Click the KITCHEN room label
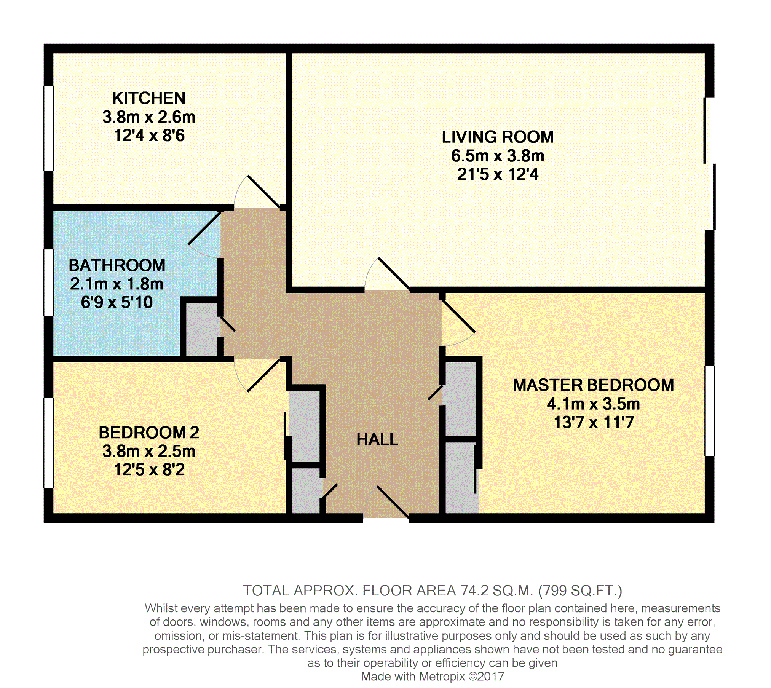pyautogui.click(x=149, y=98)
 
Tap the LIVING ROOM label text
pyautogui.click(x=498, y=137)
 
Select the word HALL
pyautogui.click(x=377, y=440)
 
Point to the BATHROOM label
pyautogui.click(x=117, y=265)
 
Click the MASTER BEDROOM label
pyautogui.click(x=593, y=385)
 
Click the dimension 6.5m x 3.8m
pyautogui.click(x=498, y=156)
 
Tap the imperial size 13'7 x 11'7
pyautogui.click(x=594, y=422)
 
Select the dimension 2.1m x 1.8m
pyautogui.click(x=117, y=284)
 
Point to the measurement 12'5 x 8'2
pyautogui.click(x=149, y=469)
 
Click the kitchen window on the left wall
pyautogui.click(x=49, y=129)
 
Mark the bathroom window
pyautogui.click(x=49, y=283)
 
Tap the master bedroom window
pyautogui.click(x=710, y=410)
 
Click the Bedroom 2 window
pyautogui.click(x=49, y=443)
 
